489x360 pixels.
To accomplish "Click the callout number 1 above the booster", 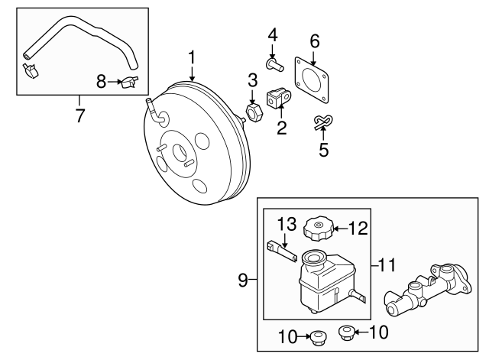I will click(x=193, y=56).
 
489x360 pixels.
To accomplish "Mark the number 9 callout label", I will click(x=243, y=281).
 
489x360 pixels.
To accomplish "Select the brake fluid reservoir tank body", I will click(x=320, y=283).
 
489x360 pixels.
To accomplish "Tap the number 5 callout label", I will click(x=323, y=150).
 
